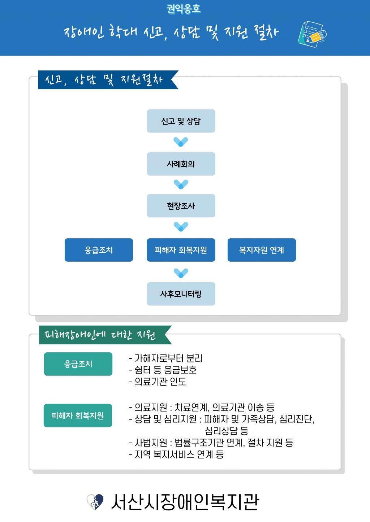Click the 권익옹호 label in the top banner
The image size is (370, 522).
[x=184, y=9]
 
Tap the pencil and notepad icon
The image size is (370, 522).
[x=312, y=34]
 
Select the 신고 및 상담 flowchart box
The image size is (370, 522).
[x=181, y=121]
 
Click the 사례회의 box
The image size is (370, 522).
[x=181, y=164]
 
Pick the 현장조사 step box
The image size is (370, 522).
[x=181, y=206]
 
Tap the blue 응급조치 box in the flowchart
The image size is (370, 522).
[x=99, y=250]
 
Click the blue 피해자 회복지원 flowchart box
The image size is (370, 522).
[x=181, y=250]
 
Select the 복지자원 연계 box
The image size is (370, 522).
[x=262, y=250]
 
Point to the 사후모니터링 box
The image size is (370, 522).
[x=181, y=294]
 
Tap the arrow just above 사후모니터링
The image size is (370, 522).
[x=181, y=273]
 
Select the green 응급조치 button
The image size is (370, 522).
[x=78, y=364]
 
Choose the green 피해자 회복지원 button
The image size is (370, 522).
[x=78, y=416]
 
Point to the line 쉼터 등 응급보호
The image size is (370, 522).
[x=163, y=370]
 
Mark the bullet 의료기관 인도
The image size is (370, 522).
[x=158, y=382]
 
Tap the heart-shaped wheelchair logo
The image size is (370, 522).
[x=95, y=501]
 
